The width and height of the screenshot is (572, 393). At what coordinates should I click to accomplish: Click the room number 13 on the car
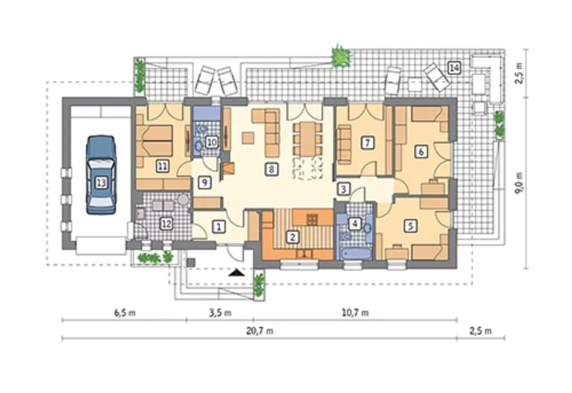pyautogui.click(x=101, y=183)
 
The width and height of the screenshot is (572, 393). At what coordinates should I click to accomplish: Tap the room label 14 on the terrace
pyautogui.click(x=454, y=68)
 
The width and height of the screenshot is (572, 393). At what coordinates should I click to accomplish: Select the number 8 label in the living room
pyautogui.click(x=271, y=169)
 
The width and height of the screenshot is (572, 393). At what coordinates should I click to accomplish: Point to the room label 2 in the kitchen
pyautogui.click(x=293, y=237)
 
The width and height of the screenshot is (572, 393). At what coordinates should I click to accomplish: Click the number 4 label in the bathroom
pyautogui.click(x=355, y=224)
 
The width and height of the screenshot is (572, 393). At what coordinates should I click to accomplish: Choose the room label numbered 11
pyautogui.click(x=163, y=167)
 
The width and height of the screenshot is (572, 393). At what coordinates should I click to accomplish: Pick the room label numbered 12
pyautogui.click(x=166, y=224)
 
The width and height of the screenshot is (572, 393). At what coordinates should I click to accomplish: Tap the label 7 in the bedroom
pyautogui.click(x=367, y=143)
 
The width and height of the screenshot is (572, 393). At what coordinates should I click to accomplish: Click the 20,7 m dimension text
pyautogui.click(x=260, y=331)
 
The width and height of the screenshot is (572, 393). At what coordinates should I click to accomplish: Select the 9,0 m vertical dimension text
pyautogui.click(x=518, y=183)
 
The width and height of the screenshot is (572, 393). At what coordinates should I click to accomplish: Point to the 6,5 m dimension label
pyautogui.click(x=125, y=313)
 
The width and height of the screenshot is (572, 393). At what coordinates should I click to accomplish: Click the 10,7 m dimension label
pyautogui.click(x=355, y=312)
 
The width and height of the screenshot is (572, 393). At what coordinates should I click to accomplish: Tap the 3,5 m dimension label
pyautogui.click(x=220, y=313)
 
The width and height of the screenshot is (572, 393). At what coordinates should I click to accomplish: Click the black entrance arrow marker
pyautogui.click(x=236, y=273)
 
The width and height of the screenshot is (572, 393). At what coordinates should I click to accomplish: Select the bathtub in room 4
pyautogui.click(x=354, y=253)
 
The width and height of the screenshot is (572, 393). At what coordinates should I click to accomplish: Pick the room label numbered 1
pyautogui.click(x=219, y=227)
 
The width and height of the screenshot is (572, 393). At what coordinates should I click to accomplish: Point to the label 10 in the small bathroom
pyautogui.click(x=212, y=142)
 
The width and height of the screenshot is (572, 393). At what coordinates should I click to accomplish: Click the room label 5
pyautogui.click(x=411, y=226)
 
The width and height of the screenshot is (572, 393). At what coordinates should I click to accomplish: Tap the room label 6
pyautogui.click(x=421, y=152)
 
